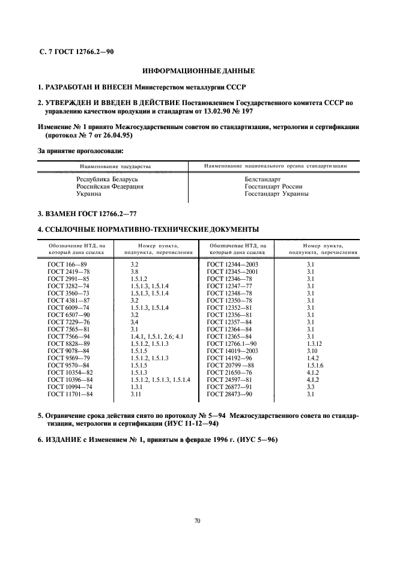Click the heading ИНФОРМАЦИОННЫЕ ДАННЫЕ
198,71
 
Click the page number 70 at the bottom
198,520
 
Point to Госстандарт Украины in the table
276,194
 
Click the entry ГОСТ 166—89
67,264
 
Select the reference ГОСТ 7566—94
68,336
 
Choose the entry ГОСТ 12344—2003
232,264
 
